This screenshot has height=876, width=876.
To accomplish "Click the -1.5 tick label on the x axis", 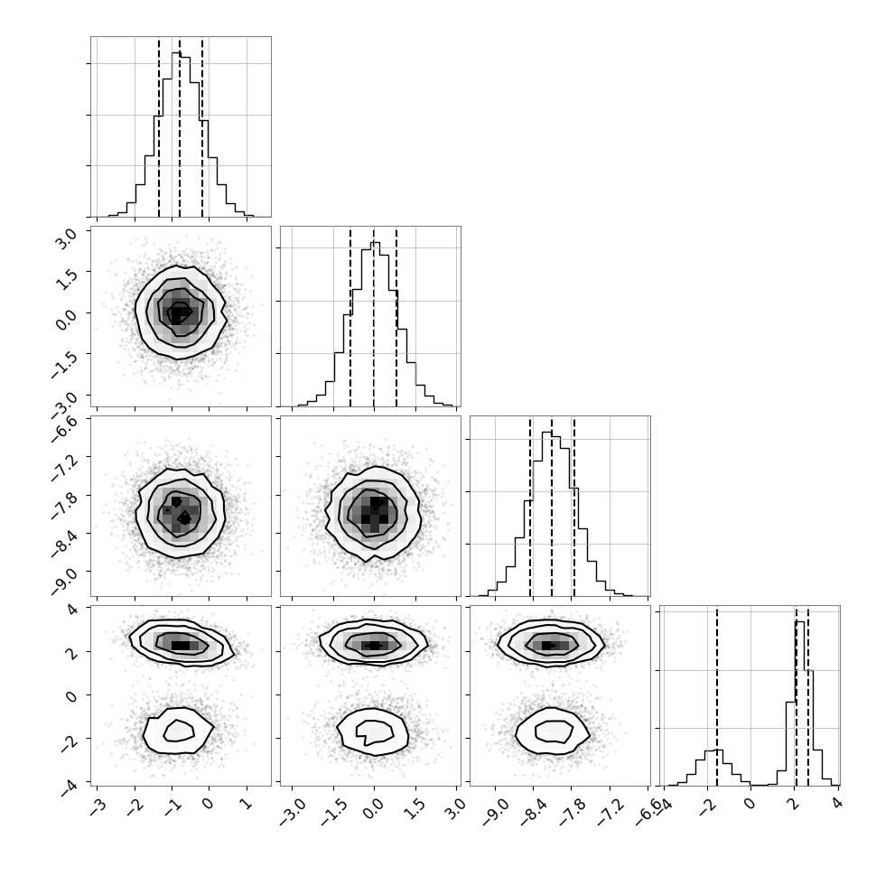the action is tap(333, 808).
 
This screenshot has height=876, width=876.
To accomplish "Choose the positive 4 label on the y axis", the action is tap(72, 609).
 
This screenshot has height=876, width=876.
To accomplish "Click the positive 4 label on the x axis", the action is tap(836, 803).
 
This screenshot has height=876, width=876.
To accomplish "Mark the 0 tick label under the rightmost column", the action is tap(750, 803).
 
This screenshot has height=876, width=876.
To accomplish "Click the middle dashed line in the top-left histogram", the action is tap(180, 127).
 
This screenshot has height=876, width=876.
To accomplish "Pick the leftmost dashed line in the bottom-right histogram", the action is tap(717, 695).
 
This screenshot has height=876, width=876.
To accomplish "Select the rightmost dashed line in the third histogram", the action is tap(573, 507).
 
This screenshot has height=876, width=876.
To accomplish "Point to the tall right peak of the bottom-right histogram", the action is tap(799, 622).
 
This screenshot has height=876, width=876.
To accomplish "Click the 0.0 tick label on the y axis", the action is tap(66, 318).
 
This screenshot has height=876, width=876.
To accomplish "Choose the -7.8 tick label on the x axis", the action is tap(573, 808).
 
